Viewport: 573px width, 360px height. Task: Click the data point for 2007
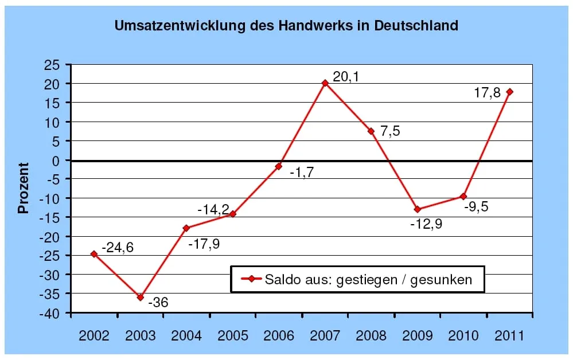(325, 83)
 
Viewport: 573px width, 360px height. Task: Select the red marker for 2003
(140, 297)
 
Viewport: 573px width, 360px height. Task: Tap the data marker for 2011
(509, 92)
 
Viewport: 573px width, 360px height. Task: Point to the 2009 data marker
(417, 209)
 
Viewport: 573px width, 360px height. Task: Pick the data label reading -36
(158, 302)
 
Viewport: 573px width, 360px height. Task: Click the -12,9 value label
(426, 224)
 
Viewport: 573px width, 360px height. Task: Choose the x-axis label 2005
(232, 335)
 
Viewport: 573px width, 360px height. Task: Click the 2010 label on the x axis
(463, 335)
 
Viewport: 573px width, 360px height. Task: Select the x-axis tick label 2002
(93, 335)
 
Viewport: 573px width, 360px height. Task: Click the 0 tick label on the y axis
(57, 161)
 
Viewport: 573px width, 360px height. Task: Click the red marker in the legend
(250, 279)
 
